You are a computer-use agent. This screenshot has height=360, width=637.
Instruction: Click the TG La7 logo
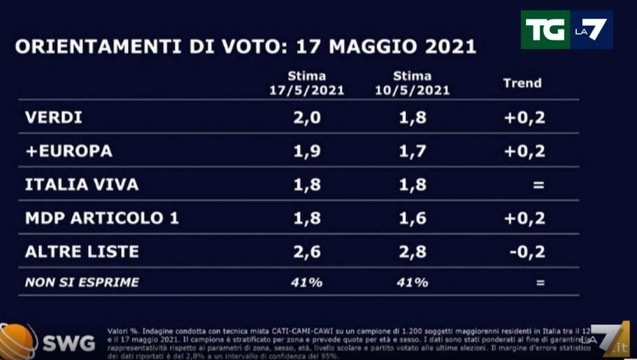coord(566,30)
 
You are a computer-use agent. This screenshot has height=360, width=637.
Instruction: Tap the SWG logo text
coord(68,343)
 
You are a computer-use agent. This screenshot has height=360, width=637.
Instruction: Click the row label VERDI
coord(54,117)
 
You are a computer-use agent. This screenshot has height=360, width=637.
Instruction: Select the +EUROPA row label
coord(69,151)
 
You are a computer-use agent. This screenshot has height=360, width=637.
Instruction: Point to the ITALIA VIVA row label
coord(82,185)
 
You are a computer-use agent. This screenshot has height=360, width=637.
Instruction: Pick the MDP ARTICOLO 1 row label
coord(102,218)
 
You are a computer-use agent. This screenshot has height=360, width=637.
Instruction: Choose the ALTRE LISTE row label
coord(82,252)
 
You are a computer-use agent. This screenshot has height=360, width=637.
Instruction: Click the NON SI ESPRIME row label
coord(82,282)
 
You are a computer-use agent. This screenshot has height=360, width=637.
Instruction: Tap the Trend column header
coord(522,83)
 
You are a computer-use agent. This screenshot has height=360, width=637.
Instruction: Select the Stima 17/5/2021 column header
coord(307,83)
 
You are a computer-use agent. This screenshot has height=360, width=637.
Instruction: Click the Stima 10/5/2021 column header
coord(412,83)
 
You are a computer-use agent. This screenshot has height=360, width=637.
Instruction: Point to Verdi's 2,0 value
coord(307,117)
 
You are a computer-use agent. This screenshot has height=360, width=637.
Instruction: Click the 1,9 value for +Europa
coord(307,151)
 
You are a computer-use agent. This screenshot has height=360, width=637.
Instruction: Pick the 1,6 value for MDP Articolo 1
coord(412,218)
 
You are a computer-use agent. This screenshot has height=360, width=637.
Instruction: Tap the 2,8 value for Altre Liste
coord(412,252)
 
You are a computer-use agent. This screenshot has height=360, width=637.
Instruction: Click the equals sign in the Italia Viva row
coord(538,185)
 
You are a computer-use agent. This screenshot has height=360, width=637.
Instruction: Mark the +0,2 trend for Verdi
coord(525,117)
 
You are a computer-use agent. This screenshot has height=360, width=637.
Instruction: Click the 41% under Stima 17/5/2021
coord(307,282)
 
